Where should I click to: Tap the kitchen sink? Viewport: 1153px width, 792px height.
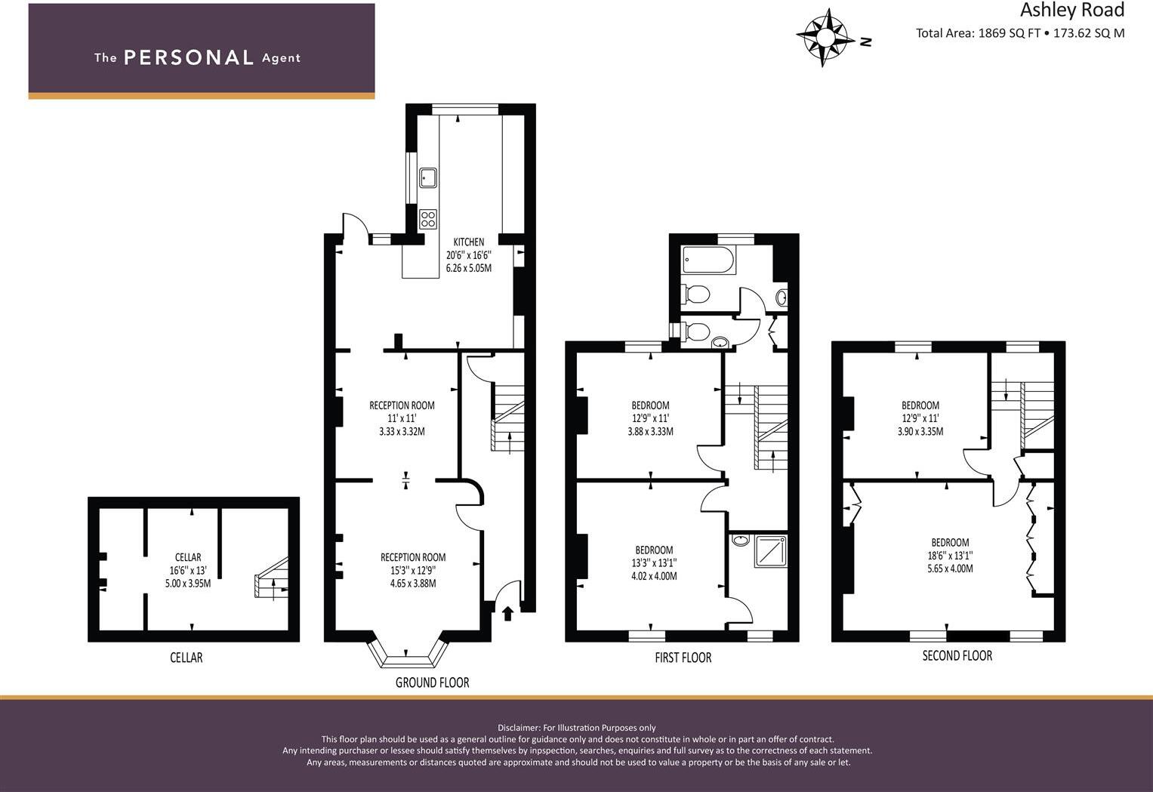pyautogui.click(x=428, y=177)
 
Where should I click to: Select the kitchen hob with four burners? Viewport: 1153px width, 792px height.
pyautogui.click(x=428, y=219)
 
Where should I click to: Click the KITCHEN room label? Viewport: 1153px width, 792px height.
pyautogui.click(x=469, y=242)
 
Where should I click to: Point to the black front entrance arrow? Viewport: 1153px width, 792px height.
pyautogui.click(x=507, y=613)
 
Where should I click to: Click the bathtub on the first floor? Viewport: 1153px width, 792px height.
pyautogui.click(x=708, y=260)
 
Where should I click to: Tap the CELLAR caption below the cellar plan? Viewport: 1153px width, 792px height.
pyautogui.click(x=186, y=658)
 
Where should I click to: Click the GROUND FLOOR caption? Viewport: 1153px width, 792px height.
pyautogui.click(x=432, y=683)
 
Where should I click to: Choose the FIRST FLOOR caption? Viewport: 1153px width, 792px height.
pyautogui.click(x=683, y=658)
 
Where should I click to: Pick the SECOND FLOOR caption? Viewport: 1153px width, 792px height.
pyautogui.click(x=957, y=656)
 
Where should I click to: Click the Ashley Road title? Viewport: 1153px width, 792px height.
pyautogui.click(x=1071, y=10)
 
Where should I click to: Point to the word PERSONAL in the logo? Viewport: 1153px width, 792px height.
pyautogui.click(x=188, y=58)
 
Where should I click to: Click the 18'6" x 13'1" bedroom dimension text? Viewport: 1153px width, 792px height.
pyautogui.click(x=950, y=556)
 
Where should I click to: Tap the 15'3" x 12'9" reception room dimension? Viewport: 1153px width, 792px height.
pyautogui.click(x=413, y=571)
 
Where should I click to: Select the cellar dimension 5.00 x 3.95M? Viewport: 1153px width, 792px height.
pyautogui.click(x=188, y=584)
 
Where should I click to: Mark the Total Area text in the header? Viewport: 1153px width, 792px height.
pyautogui.click(x=1019, y=33)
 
